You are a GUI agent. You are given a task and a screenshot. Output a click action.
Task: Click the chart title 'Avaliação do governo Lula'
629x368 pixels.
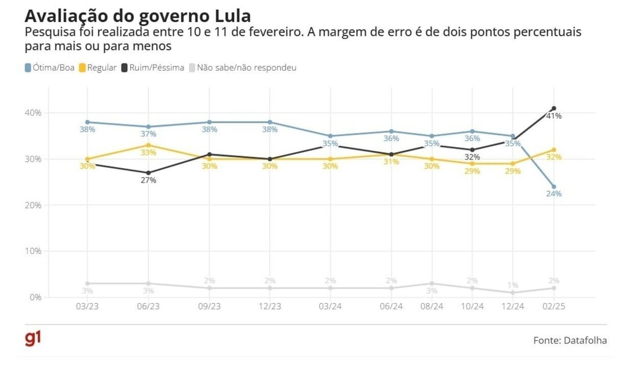coord(138,16)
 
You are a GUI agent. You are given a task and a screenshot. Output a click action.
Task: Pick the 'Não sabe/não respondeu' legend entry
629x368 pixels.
coord(243,68)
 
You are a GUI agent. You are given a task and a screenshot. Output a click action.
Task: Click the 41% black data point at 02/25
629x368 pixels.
coord(554,108)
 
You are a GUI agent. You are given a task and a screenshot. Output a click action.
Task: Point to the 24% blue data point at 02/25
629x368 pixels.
coord(554,187)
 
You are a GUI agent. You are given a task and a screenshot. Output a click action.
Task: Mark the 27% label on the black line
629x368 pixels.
coord(148,180)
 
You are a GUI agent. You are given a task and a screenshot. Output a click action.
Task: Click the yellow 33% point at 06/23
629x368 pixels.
coord(148,145)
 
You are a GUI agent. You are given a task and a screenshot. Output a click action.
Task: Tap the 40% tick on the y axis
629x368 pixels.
coord(33,113)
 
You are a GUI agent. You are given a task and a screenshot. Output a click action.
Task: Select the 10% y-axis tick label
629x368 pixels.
coord(33,251)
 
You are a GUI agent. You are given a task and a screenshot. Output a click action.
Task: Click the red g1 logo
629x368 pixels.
coord(33,339)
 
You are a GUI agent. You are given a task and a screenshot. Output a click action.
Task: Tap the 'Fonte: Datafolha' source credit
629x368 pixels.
coord(570,340)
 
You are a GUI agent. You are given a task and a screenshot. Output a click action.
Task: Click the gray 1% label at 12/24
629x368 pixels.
coord(513,285)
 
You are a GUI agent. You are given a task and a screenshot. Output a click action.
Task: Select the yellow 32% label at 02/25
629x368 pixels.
coord(554,157)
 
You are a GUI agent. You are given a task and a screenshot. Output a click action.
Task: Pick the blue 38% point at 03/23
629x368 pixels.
coord(87,122)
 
